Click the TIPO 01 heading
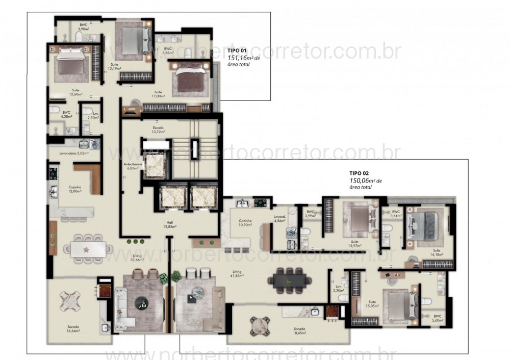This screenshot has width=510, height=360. (237, 50)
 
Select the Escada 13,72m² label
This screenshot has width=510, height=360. (158, 130)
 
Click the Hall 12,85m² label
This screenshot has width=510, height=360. (169, 224)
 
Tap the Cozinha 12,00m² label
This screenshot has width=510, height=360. (75, 189)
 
